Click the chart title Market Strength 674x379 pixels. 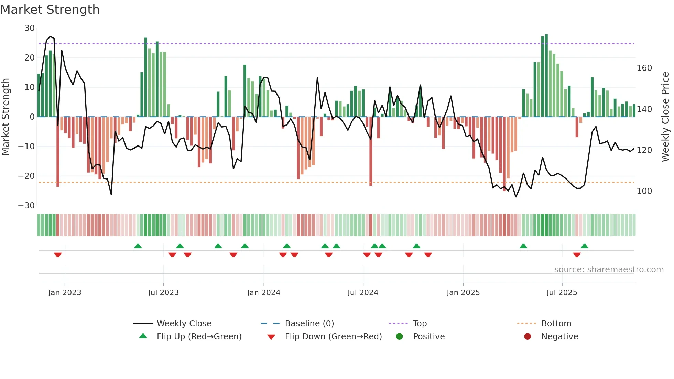tap(50, 10)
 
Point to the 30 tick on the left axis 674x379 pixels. tap(30, 28)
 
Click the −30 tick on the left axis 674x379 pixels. tap(26, 206)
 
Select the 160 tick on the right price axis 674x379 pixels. tap(644, 68)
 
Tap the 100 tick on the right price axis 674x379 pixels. tap(644, 191)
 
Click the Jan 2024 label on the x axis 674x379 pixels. tap(263, 293)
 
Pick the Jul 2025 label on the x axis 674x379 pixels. tap(562, 293)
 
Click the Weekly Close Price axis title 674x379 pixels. tap(665, 117)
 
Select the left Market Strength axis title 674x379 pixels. tap(6, 117)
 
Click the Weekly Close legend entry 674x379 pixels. tap(184, 324)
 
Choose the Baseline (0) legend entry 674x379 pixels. tap(309, 324)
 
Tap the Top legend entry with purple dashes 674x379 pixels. tap(420, 324)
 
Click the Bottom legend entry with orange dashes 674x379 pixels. tap(556, 324)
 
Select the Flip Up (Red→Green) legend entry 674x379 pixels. tap(199, 337)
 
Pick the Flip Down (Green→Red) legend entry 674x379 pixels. tap(333, 337)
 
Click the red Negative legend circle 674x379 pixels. tap(528, 337)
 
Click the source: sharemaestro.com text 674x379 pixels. tap(609, 270)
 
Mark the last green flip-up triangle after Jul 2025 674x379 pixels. tap(584, 246)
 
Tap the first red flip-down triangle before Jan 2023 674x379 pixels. tap(58, 255)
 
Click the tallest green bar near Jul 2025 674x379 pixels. tap(546, 76)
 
